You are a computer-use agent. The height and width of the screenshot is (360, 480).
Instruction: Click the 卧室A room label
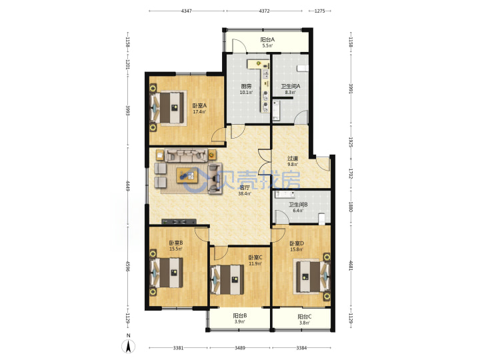(199, 105)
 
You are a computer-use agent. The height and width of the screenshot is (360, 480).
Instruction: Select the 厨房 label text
(246, 86)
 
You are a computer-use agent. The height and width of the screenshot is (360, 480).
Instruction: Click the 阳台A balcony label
(267, 39)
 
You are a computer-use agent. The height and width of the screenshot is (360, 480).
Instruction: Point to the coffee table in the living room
(187, 176)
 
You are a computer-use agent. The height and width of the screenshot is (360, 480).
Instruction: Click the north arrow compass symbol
(129, 345)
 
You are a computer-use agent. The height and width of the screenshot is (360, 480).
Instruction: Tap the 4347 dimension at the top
(187, 11)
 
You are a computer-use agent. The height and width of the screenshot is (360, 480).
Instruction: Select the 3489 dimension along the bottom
(240, 348)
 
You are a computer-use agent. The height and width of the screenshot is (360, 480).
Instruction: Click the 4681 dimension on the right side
(351, 265)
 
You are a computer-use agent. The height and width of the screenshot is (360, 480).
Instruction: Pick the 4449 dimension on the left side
(127, 186)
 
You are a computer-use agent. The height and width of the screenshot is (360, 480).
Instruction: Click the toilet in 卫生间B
(321, 219)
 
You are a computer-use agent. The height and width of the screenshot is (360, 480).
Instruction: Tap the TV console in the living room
(179, 221)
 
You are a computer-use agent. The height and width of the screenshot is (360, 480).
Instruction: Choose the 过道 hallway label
(293, 159)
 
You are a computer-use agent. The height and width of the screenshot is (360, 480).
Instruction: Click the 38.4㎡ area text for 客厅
(245, 193)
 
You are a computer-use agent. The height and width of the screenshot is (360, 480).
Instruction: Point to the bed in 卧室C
(229, 279)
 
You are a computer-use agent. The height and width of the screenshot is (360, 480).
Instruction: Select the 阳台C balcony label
(305, 317)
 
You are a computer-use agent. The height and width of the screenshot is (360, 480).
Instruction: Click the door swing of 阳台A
(239, 45)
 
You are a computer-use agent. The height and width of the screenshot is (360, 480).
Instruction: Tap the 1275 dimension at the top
(319, 11)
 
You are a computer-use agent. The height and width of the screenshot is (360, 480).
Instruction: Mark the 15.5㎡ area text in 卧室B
(176, 249)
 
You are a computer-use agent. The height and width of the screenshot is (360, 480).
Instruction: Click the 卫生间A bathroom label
(291, 86)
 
